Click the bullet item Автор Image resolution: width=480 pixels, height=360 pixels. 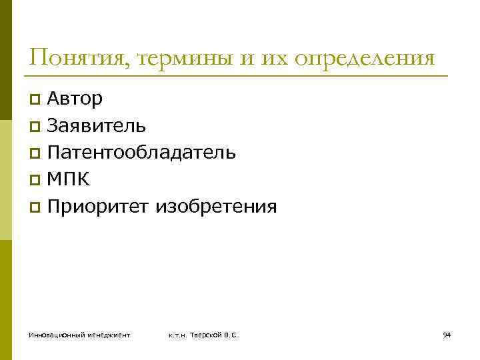click(75, 99)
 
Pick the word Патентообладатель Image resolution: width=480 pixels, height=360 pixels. click(141, 153)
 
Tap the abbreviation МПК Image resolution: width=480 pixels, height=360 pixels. click(68, 179)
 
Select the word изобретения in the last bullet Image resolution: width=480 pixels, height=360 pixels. click(216, 207)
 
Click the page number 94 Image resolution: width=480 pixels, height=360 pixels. click(447, 334)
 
